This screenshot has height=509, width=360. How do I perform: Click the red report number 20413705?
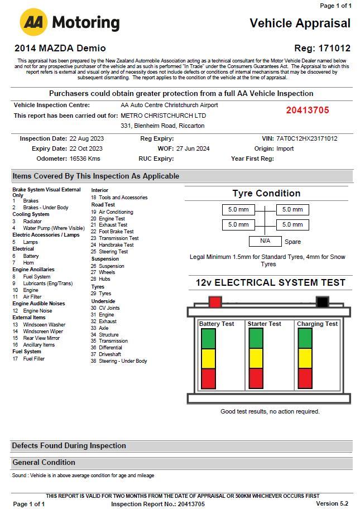click(308, 110)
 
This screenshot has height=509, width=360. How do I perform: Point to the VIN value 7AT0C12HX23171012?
click(306, 138)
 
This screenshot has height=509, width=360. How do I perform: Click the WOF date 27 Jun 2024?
click(193, 148)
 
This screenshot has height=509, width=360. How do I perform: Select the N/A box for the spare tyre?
click(265, 241)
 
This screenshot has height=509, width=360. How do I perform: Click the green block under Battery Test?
click(208, 339)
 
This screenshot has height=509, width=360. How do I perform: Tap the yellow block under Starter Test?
click(256, 358)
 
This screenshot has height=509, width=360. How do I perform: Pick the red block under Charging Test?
click(305, 378)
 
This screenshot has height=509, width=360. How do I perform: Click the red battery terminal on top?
click(215, 302)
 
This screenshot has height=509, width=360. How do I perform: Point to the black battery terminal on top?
click(322, 302)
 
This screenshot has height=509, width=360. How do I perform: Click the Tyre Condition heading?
click(266, 194)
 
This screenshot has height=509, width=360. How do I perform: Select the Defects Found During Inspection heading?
click(69, 446)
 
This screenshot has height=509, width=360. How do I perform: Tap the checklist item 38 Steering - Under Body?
click(119, 361)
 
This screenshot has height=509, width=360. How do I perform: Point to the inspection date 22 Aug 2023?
click(87, 138)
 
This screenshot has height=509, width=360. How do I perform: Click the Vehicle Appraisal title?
click(300, 23)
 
